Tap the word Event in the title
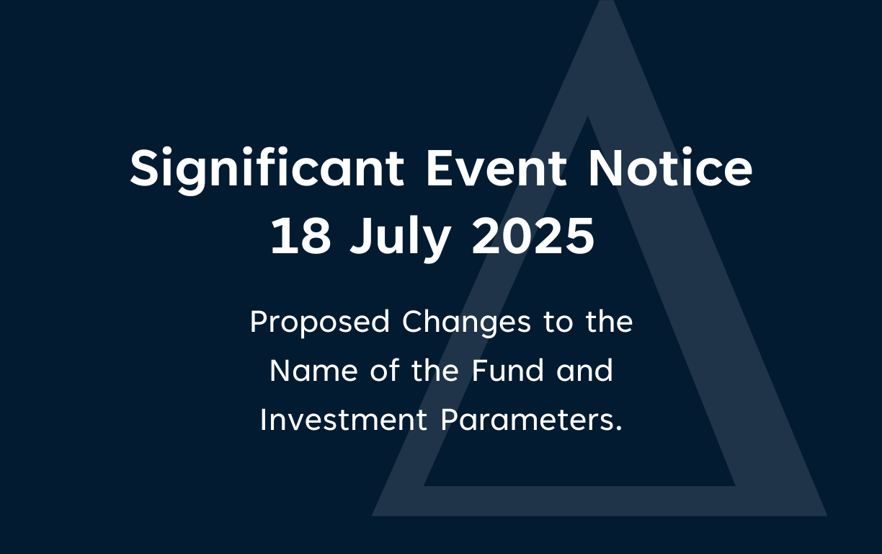496,168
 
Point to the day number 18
300,236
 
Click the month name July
401,239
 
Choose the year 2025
533,236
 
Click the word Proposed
320,323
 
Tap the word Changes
467,323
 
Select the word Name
314,371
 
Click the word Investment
344,420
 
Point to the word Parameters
527,420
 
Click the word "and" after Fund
584,370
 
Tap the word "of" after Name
385,370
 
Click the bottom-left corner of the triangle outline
372,516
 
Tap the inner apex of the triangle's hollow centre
588,116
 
